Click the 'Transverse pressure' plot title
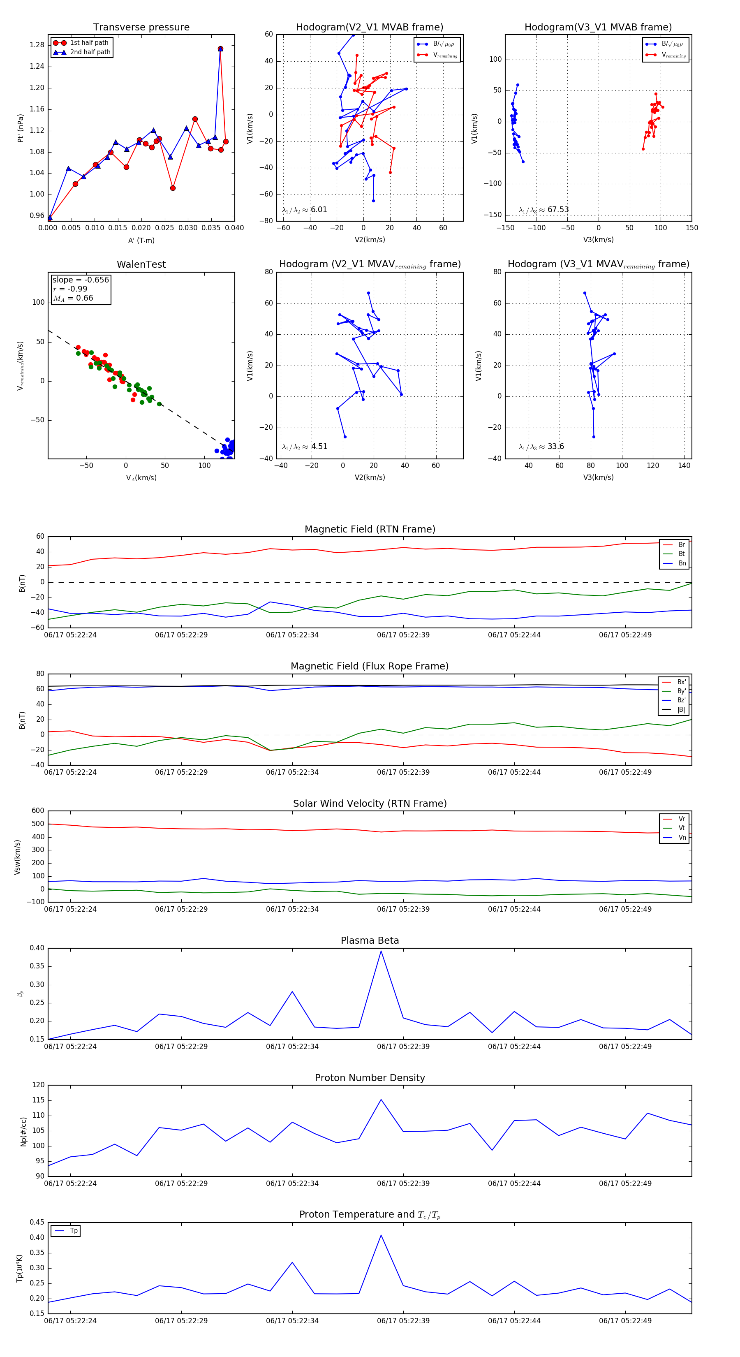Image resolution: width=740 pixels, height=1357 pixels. (141, 28)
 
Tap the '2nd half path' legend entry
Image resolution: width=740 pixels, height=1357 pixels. (90, 52)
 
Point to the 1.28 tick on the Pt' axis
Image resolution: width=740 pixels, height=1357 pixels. (37, 45)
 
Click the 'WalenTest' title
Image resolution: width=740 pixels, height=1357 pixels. (141, 264)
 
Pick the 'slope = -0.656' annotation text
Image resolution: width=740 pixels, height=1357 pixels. (81, 280)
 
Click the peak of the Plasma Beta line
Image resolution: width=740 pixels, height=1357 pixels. (381, 951)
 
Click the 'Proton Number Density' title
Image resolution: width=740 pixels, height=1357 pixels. (370, 1078)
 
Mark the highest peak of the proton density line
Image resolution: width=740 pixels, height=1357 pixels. (381, 1100)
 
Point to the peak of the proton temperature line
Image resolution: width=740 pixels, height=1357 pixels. (381, 1235)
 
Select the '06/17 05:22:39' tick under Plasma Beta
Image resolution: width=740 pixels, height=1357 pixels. (403, 1046)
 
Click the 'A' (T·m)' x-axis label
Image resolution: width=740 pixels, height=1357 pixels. (141, 241)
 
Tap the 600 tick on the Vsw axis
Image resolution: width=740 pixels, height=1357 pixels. (38, 811)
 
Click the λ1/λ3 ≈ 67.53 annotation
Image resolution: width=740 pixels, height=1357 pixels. (543, 210)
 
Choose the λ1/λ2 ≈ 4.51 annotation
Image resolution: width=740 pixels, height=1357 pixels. (304, 447)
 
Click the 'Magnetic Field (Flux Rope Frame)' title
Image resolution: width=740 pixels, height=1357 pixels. (370, 667)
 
